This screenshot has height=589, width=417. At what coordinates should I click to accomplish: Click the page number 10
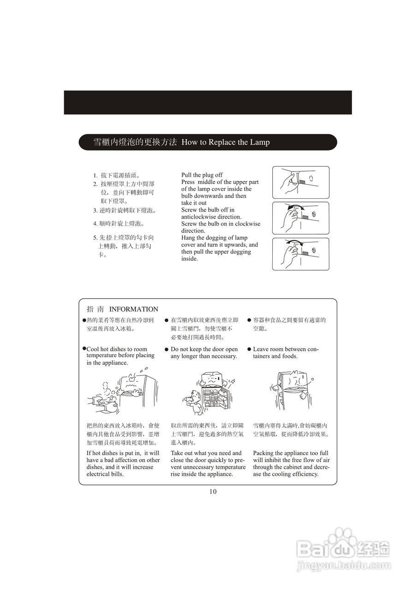(212, 491)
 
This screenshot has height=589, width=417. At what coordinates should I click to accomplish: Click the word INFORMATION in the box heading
(134, 309)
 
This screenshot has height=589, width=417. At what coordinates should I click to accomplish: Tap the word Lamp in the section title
(260, 142)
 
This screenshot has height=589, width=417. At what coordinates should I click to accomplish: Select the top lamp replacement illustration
(300, 183)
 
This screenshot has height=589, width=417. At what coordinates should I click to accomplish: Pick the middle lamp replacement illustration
(300, 218)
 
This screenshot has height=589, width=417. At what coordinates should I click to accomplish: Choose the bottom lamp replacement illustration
(300, 254)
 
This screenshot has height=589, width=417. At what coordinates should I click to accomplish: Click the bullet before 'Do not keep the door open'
(166, 349)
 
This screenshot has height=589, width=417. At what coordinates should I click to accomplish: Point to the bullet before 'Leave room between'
(249, 349)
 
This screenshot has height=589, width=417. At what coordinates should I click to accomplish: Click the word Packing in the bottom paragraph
(263, 453)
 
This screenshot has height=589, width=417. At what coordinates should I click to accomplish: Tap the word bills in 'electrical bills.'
(117, 474)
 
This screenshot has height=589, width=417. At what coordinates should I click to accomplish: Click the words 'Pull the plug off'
(202, 175)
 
